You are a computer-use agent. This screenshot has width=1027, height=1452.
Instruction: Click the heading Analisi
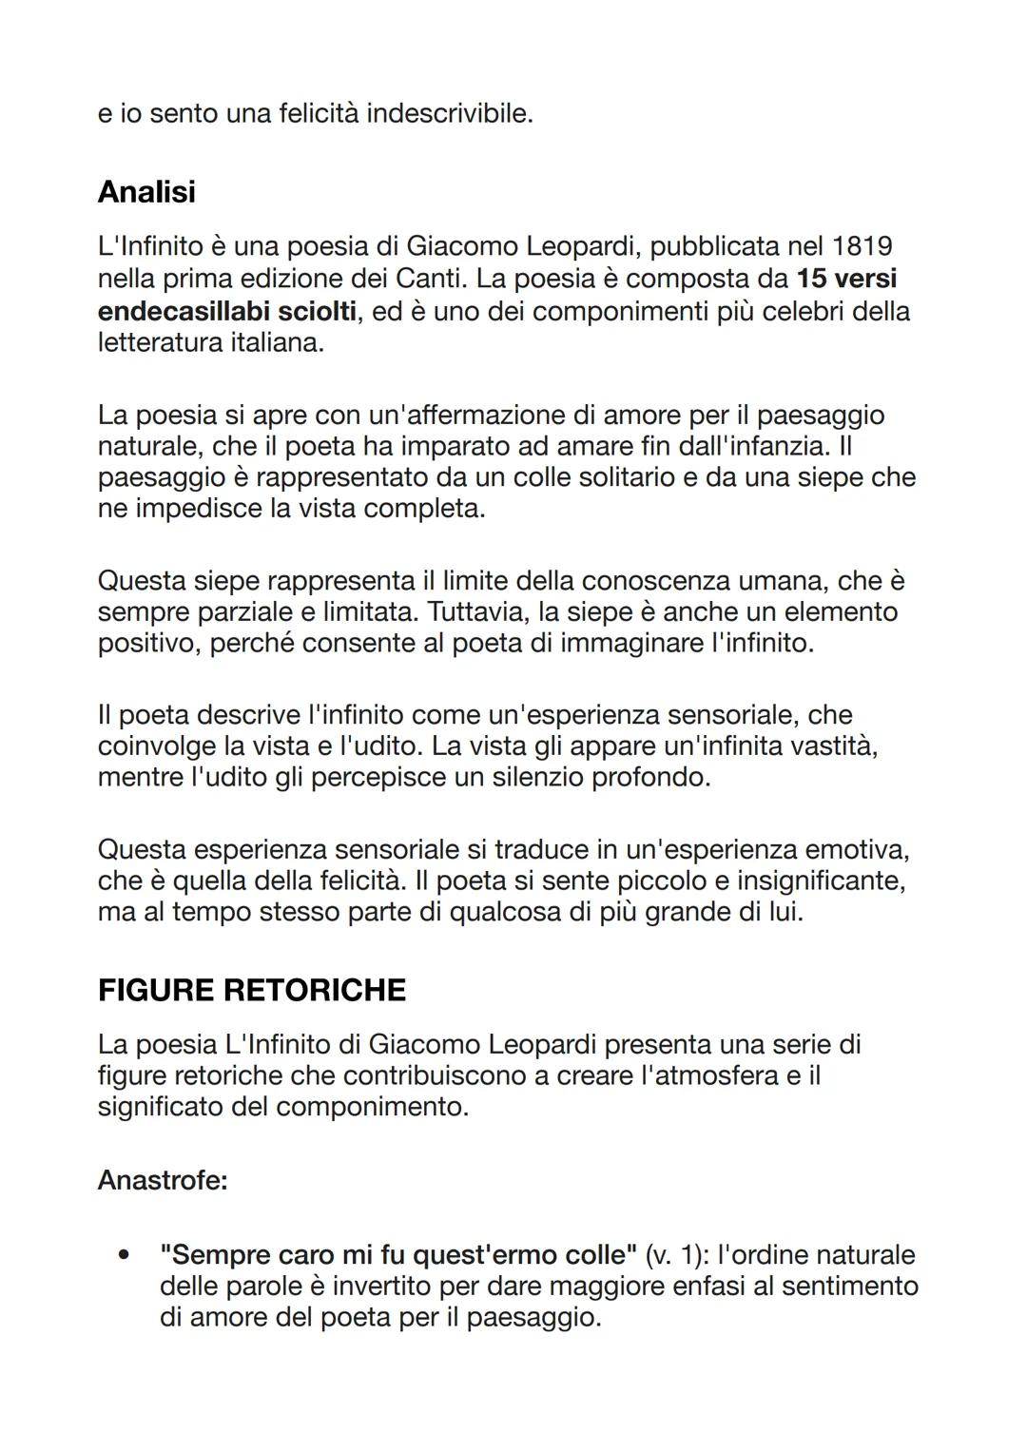[146, 192]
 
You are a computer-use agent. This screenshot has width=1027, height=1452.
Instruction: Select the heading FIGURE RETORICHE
[252, 990]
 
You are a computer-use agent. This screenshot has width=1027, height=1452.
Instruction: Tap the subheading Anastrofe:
[163, 1181]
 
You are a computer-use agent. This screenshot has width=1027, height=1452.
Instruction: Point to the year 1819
[862, 246]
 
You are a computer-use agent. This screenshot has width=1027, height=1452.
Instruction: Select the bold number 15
[812, 279]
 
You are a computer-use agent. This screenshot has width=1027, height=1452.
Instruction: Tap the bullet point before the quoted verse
[123, 1255]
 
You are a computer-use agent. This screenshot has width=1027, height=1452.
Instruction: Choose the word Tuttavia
[478, 611]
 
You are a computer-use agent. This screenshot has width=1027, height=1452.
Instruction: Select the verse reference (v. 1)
[676, 1255]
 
